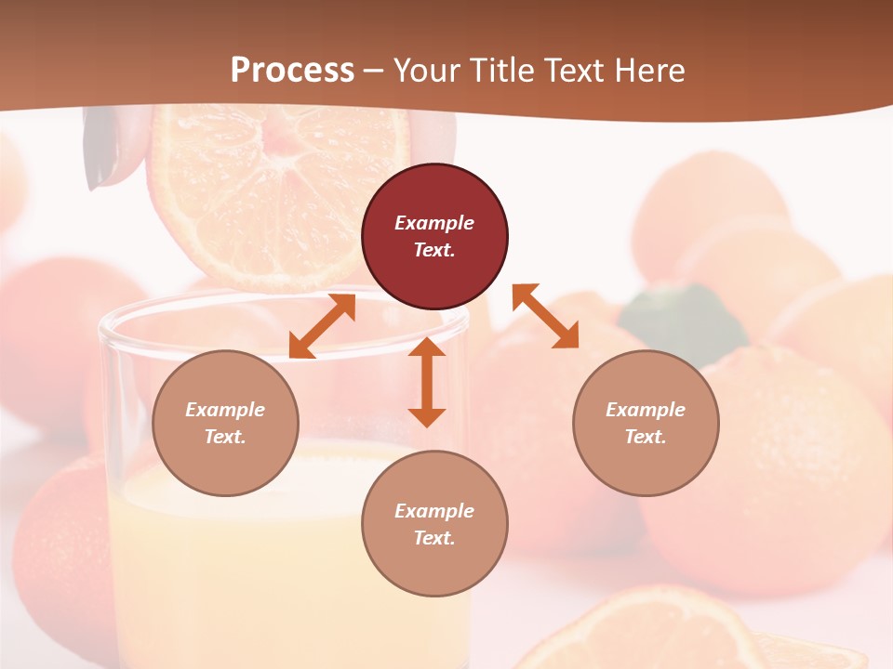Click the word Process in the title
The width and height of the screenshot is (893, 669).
tap(292, 71)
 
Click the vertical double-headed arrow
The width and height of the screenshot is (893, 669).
tap(427, 382)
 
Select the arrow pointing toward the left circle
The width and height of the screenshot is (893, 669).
tap(322, 326)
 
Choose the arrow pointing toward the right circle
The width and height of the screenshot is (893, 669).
tap(545, 316)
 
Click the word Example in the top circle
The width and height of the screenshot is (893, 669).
tap(434, 223)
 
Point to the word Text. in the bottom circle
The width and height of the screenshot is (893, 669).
tap(434, 538)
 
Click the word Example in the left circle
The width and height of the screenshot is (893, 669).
tap(225, 410)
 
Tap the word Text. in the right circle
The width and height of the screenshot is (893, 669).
tap(646, 437)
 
